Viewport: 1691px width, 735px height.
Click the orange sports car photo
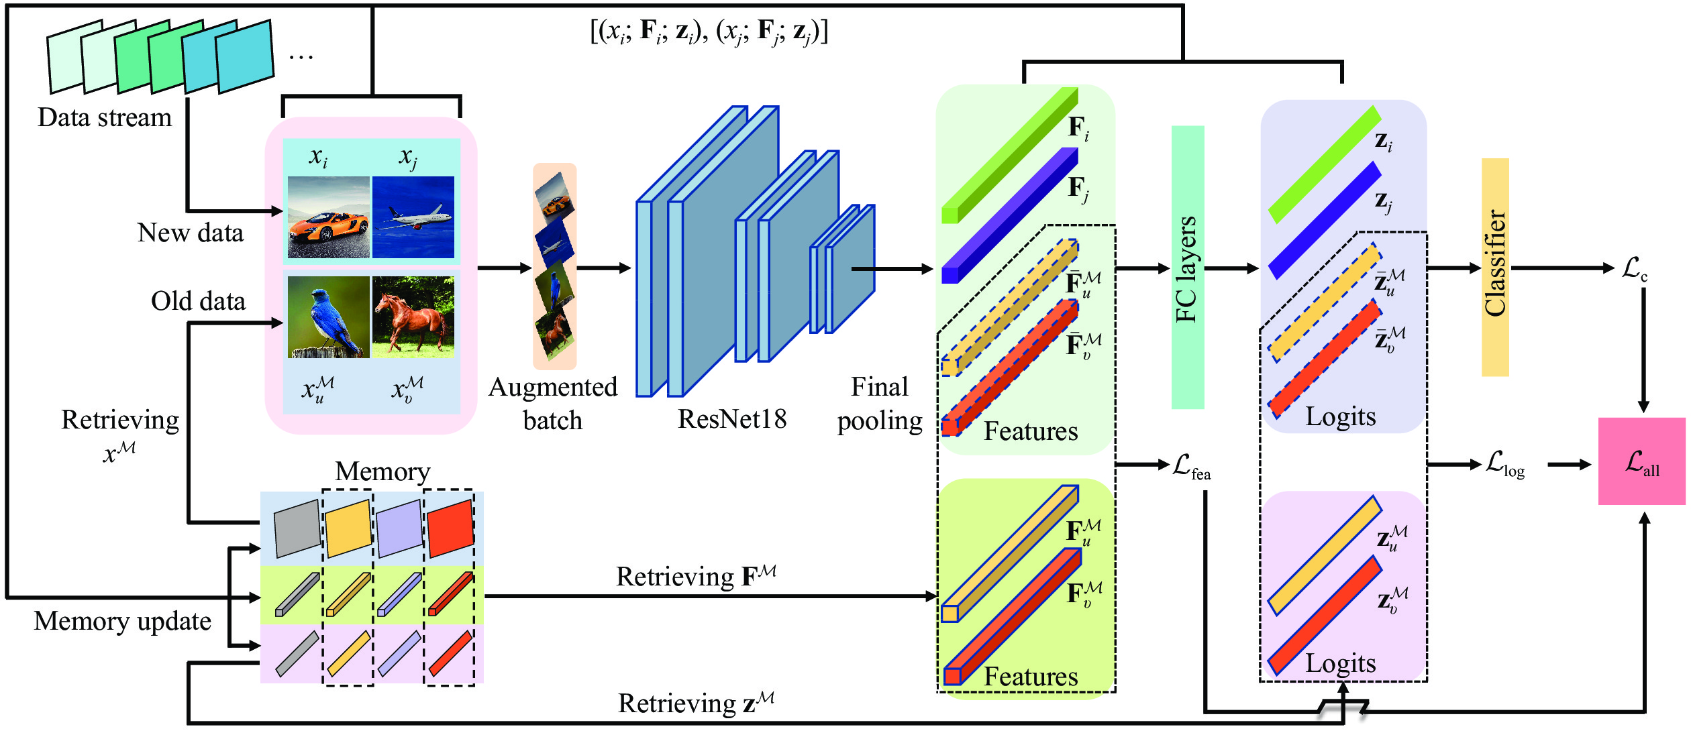click(x=328, y=217)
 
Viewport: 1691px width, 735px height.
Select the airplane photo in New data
click(x=413, y=217)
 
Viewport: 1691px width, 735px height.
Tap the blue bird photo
click(x=328, y=317)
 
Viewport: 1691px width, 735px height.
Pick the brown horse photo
click(x=413, y=317)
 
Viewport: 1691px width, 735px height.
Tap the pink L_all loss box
click(x=1641, y=461)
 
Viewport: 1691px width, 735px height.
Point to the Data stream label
click(x=105, y=117)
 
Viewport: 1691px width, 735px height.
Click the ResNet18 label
click(x=732, y=419)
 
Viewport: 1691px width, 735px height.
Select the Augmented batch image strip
click(x=554, y=266)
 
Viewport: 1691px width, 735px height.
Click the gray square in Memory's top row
click(x=297, y=528)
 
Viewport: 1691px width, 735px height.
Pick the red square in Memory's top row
click(x=450, y=528)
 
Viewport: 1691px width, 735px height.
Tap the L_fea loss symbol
click(x=1191, y=465)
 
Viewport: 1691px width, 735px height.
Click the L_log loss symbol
click(x=1504, y=463)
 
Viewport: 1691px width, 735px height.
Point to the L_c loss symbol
click(x=1634, y=268)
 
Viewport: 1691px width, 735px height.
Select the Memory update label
click(x=122, y=621)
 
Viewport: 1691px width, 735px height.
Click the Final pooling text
click(x=880, y=404)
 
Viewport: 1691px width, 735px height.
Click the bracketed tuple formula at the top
click(x=709, y=31)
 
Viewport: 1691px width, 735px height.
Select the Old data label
click(x=198, y=301)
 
